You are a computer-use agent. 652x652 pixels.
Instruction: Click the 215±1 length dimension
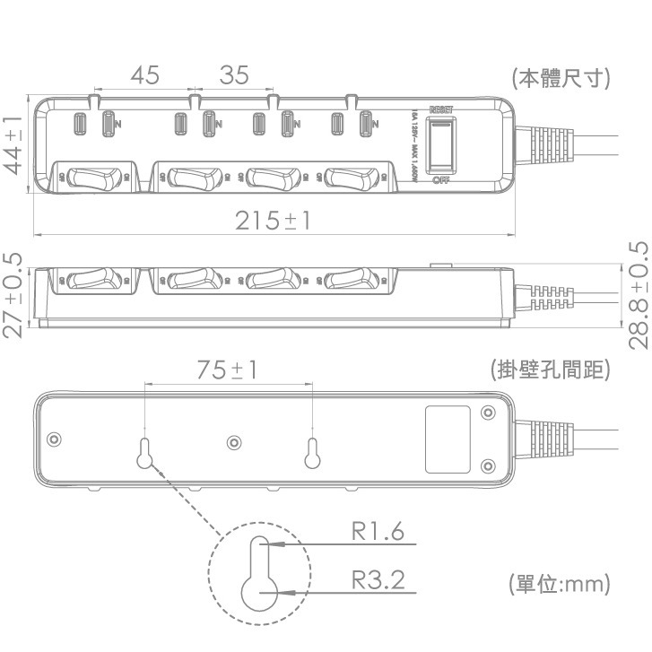273,220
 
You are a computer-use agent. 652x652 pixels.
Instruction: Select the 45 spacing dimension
143,75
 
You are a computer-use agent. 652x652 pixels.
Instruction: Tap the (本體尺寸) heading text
561,78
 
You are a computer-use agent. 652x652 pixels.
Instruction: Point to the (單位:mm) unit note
559,584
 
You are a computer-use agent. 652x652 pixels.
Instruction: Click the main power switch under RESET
440,146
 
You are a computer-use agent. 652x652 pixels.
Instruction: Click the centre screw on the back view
234,442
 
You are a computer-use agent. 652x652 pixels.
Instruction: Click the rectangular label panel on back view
448,439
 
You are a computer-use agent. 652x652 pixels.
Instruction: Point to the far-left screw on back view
55,439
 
